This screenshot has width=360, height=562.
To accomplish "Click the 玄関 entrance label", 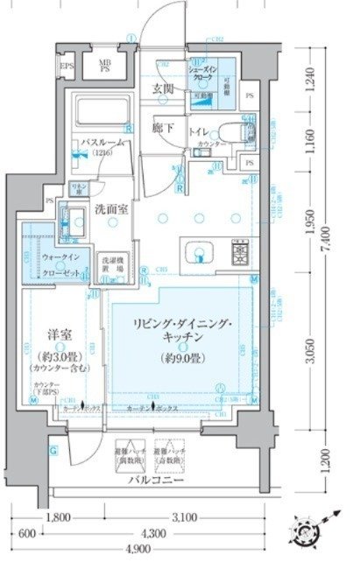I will pos(162,88).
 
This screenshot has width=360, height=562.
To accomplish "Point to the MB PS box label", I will pos(104,67).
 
